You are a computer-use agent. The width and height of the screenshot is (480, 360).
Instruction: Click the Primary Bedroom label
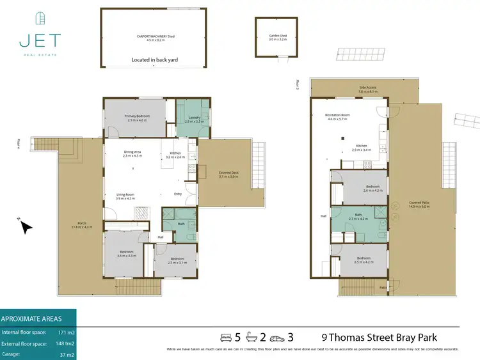coord(136,116)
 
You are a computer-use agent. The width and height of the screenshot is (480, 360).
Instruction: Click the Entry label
coord(177,195)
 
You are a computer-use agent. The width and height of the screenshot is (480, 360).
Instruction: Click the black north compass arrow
coord(25,226)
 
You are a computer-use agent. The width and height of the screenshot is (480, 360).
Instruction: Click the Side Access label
coord(368,88)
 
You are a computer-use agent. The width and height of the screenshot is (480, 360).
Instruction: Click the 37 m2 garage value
coord(66,353)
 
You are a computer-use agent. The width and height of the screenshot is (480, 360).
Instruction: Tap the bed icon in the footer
coord(225,337)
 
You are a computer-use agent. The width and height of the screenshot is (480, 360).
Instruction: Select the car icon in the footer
coord(276,337)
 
